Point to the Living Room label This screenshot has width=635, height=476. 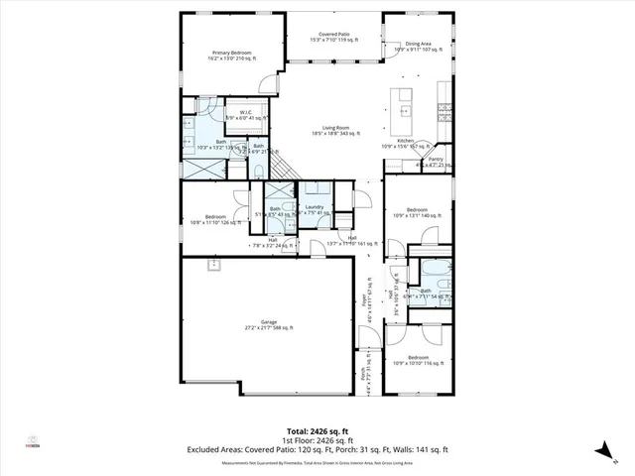[328, 127]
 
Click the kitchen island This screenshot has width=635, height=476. [404, 105]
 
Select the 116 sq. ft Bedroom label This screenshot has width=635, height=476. [418, 357]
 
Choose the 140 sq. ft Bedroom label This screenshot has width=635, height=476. [418, 209]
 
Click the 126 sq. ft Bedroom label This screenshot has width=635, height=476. [215, 216]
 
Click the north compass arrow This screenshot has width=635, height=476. [601, 451]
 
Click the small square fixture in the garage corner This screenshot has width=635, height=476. [211, 265]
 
